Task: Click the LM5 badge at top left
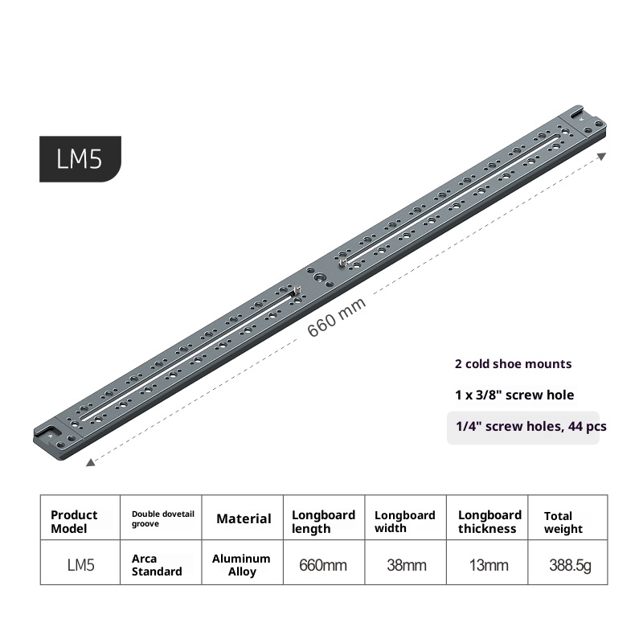tap(80, 158)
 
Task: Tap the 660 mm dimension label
tap(337, 318)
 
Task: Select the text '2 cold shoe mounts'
tap(513, 363)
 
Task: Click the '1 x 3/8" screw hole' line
tap(514, 395)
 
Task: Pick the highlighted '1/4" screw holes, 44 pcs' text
tap(526, 427)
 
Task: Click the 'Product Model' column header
tap(74, 521)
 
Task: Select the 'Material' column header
tap(244, 519)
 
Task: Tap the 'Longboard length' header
tap(323, 521)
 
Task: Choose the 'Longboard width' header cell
tap(405, 521)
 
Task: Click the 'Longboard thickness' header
tap(489, 521)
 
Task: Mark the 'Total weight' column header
tap(563, 522)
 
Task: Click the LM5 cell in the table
tap(80, 565)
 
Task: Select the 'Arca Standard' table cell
tap(157, 564)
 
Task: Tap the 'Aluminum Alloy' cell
tap(241, 564)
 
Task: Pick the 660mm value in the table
tap(323, 565)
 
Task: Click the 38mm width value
tap(406, 565)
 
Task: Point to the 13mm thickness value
tap(489, 565)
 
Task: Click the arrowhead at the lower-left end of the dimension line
tap(88, 462)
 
